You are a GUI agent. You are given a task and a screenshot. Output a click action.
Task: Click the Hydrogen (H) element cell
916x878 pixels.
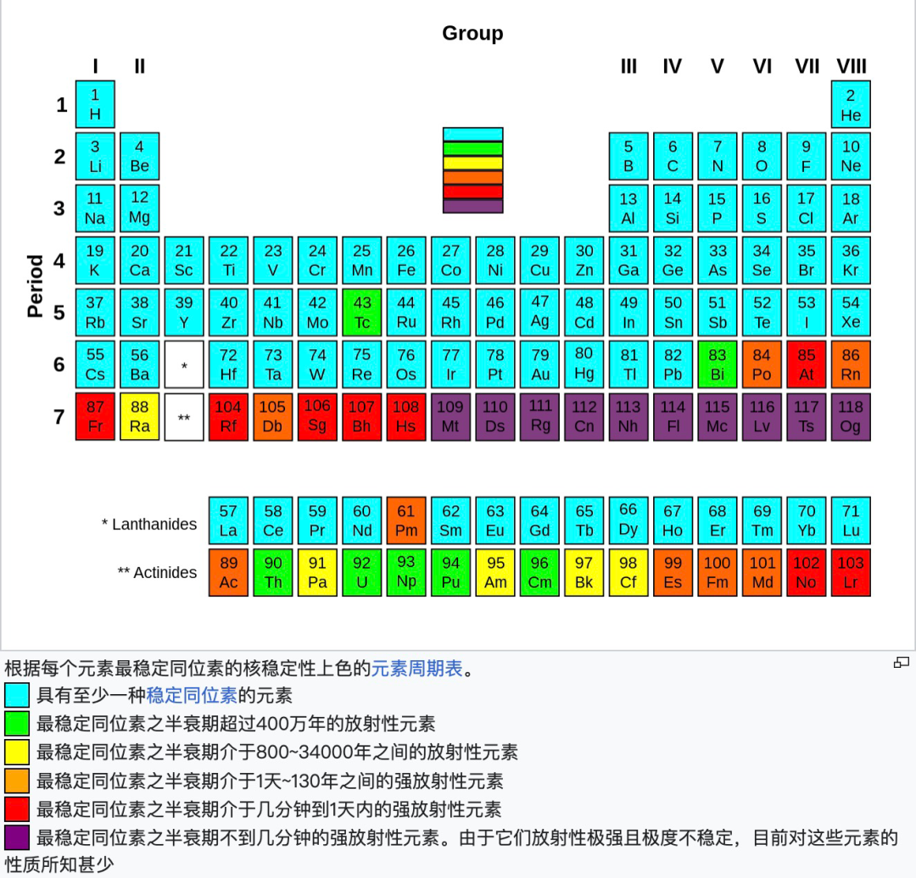click(95, 104)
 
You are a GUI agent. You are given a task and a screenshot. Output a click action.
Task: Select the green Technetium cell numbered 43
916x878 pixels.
click(362, 313)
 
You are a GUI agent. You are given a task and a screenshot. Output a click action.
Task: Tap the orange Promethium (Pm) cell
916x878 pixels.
click(406, 520)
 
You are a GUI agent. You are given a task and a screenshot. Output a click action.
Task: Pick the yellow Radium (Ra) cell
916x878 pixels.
click(139, 416)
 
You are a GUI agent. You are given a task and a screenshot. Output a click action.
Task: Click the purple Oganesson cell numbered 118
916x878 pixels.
click(851, 416)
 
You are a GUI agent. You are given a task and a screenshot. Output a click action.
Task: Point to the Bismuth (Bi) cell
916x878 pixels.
click(718, 364)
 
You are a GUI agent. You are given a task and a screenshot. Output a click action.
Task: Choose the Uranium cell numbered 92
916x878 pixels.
click(362, 572)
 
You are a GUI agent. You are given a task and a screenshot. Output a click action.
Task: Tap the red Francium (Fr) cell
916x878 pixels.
click(95, 416)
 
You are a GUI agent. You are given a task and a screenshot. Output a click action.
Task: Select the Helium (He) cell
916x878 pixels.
click(851, 104)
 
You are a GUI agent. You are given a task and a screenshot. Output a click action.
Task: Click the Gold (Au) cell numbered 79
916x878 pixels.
click(540, 364)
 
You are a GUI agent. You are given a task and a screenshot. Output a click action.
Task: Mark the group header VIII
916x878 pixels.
click(852, 66)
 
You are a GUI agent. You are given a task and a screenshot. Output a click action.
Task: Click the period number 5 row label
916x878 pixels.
click(59, 313)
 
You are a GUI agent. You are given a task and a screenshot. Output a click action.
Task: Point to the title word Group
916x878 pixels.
click(472, 33)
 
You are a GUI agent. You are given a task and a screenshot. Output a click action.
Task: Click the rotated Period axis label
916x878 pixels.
click(35, 286)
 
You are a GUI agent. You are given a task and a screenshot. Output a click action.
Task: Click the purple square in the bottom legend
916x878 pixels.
click(17, 837)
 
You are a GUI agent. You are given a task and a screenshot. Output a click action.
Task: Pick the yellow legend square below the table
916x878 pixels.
click(17, 752)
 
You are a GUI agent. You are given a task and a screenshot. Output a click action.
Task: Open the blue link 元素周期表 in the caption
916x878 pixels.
click(417, 669)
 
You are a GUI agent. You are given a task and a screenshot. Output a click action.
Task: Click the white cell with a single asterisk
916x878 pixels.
click(184, 365)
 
